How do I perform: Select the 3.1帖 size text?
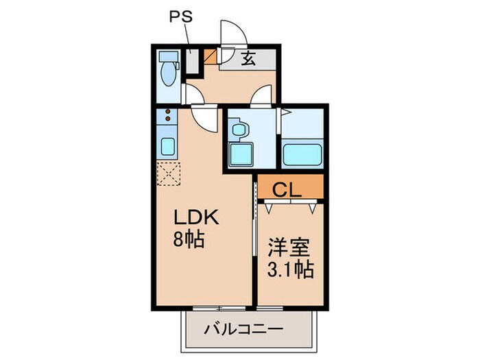tap(289, 269)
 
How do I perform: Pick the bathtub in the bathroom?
tap(302, 155)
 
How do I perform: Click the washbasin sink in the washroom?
tap(239, 128)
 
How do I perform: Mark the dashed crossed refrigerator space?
tap(168, 173)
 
